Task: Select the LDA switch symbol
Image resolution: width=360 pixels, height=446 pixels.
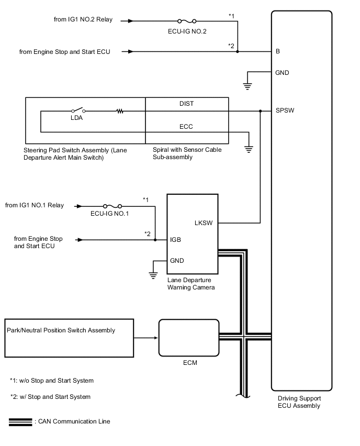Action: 79,111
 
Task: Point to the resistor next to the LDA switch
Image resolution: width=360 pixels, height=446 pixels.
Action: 120,111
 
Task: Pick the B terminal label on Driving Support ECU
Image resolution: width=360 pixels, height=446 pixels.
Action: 277,52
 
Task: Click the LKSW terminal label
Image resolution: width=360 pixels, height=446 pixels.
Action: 203,222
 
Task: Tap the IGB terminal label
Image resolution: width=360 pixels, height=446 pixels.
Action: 176,240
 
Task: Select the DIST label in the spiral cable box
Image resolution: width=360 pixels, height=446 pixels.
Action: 186,104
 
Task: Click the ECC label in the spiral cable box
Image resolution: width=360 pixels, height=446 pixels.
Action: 186,126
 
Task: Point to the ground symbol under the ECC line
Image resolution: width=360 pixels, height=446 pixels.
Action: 249,149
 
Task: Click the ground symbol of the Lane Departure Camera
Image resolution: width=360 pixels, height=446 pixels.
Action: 153,274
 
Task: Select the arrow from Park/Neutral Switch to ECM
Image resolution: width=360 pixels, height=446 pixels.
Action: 147,338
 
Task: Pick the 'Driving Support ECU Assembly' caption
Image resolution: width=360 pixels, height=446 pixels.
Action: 299,402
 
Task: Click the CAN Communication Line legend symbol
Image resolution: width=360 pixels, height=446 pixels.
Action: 20,422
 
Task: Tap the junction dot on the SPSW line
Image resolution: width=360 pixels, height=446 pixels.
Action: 261,111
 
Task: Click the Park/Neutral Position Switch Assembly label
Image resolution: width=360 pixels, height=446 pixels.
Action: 61,330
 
